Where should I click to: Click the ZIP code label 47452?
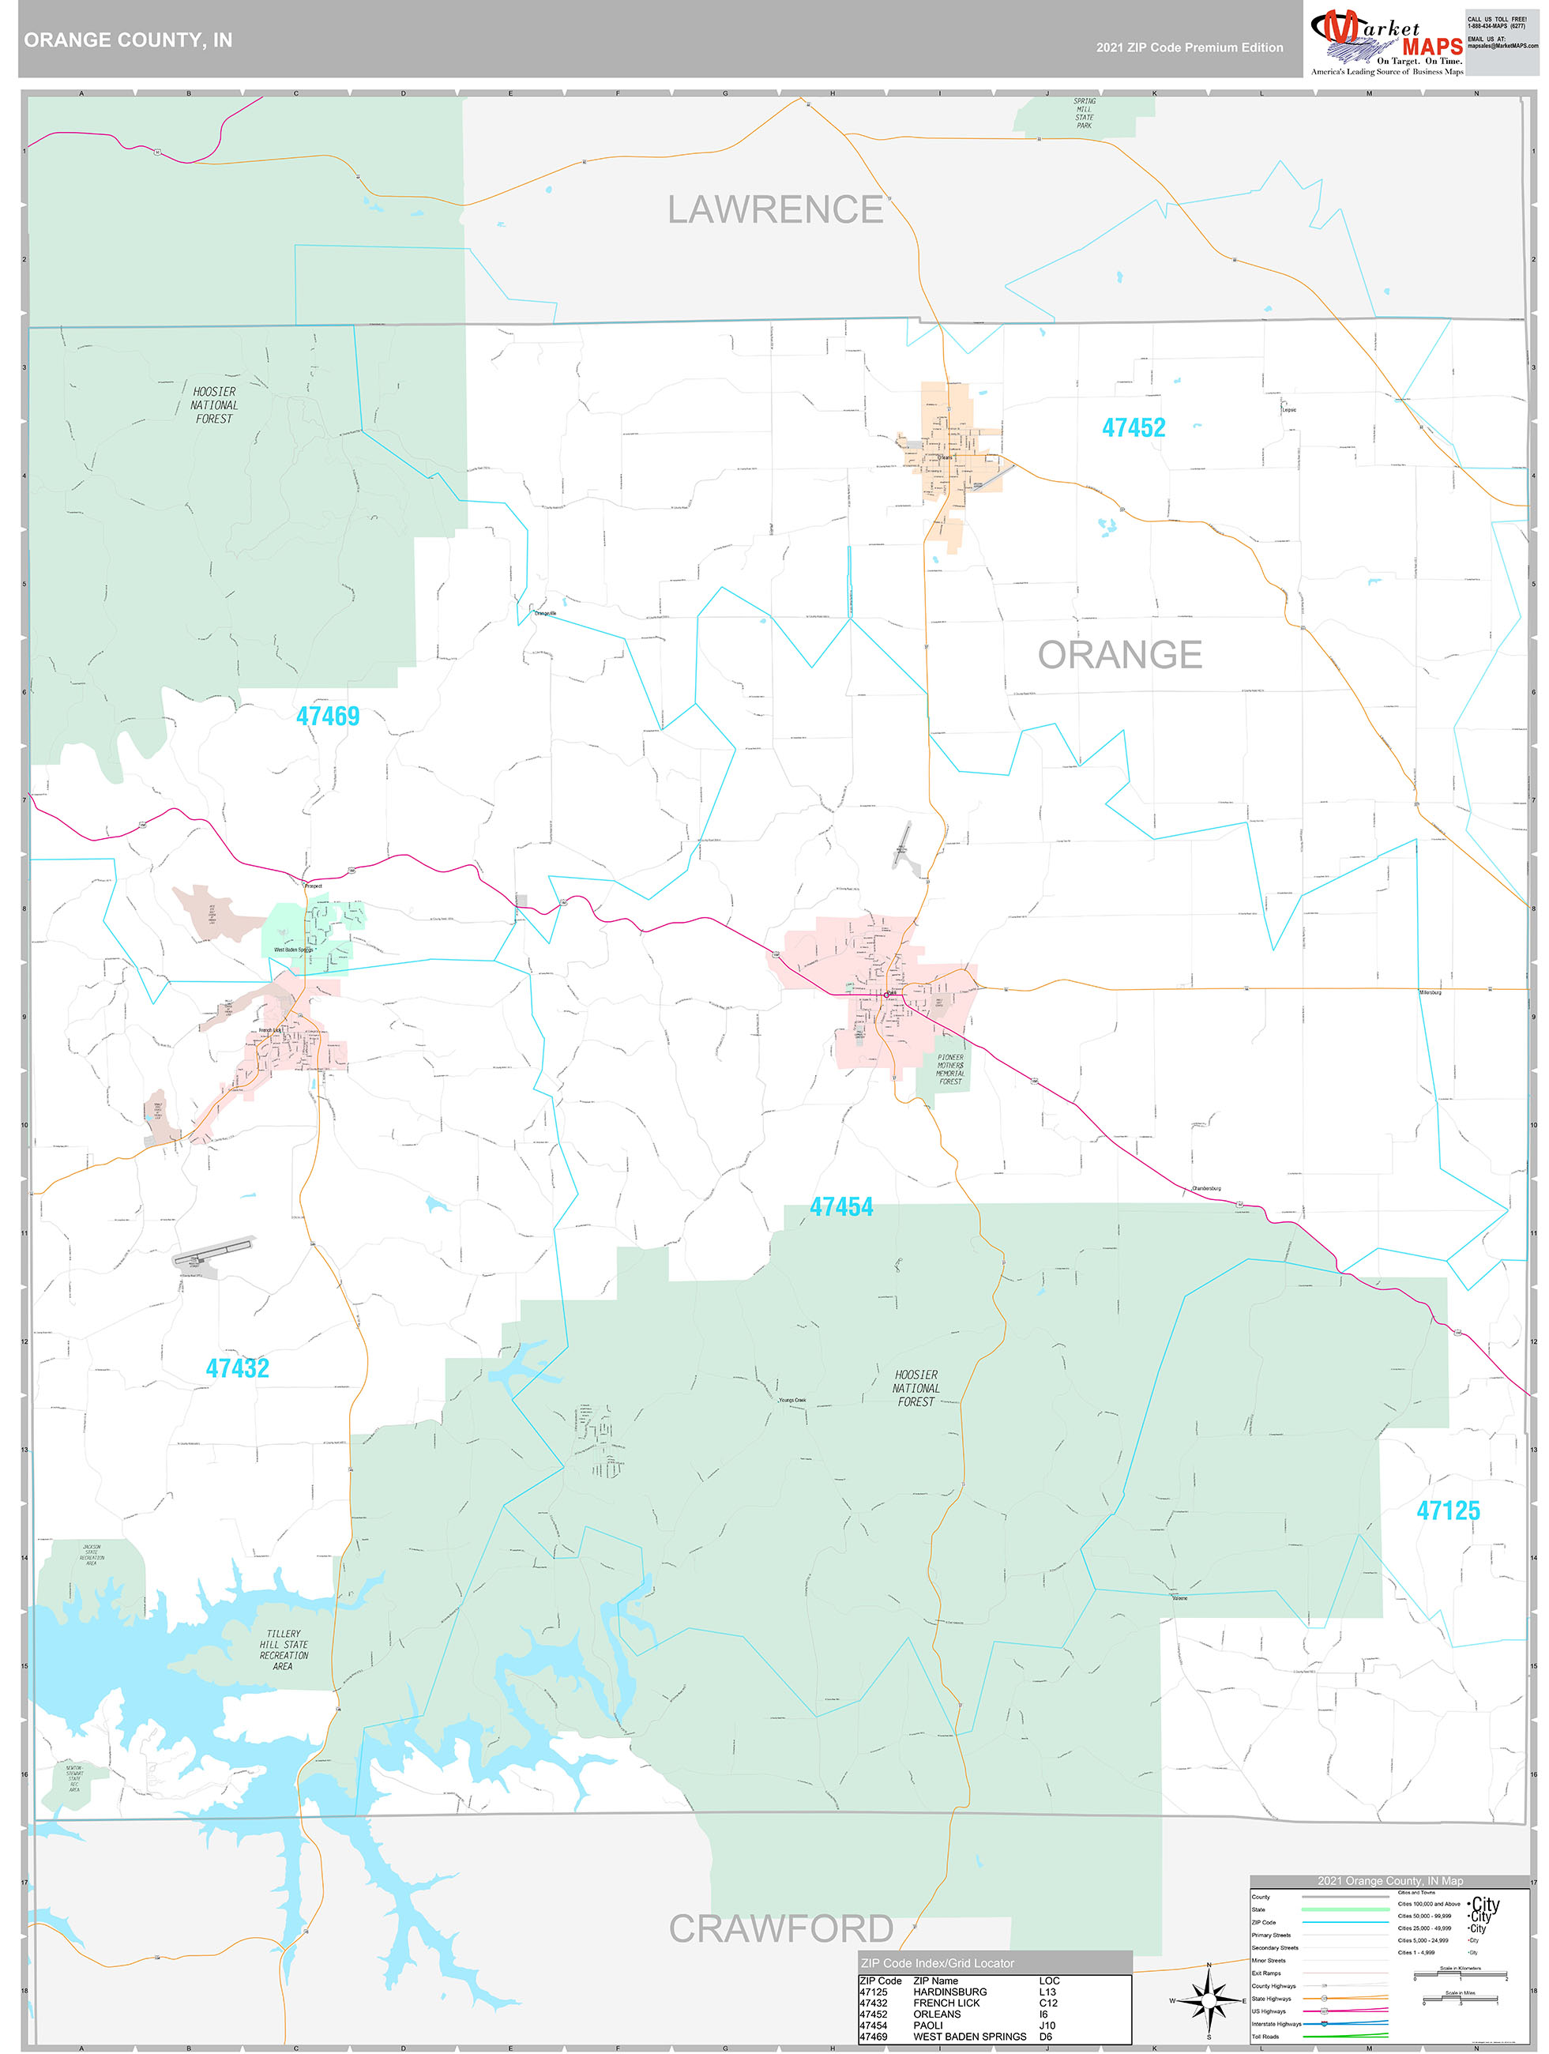tap(1133, 428)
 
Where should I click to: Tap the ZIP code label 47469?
tap(327, 716)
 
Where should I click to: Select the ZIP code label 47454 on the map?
tap(841, 1206)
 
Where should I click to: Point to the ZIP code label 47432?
tap(237, 1367)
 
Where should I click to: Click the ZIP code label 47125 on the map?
tap(1448, 1510)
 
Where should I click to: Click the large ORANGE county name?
tap(1119, 655)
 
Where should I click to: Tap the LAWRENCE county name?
tap(776, 210)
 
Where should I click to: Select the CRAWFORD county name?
tap(781, 1928)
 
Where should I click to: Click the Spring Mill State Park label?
tap(1084, 113)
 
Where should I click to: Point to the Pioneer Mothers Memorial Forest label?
tap(950, 1069)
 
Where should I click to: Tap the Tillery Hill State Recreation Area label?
tap(284, 1650)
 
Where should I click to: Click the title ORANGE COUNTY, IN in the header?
tap(128, 40)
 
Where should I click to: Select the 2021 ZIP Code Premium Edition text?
tap(1189, 47)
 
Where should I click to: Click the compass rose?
tap(1209, 2000)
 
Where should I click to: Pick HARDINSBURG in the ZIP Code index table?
tap(949, 1992)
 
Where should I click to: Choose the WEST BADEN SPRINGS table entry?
tap(969, 2037)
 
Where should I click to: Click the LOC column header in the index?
tap(1049, 1981)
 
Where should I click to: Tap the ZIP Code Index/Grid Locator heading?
tap(937, 1963)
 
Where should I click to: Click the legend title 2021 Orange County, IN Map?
tap(1389, 1880)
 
